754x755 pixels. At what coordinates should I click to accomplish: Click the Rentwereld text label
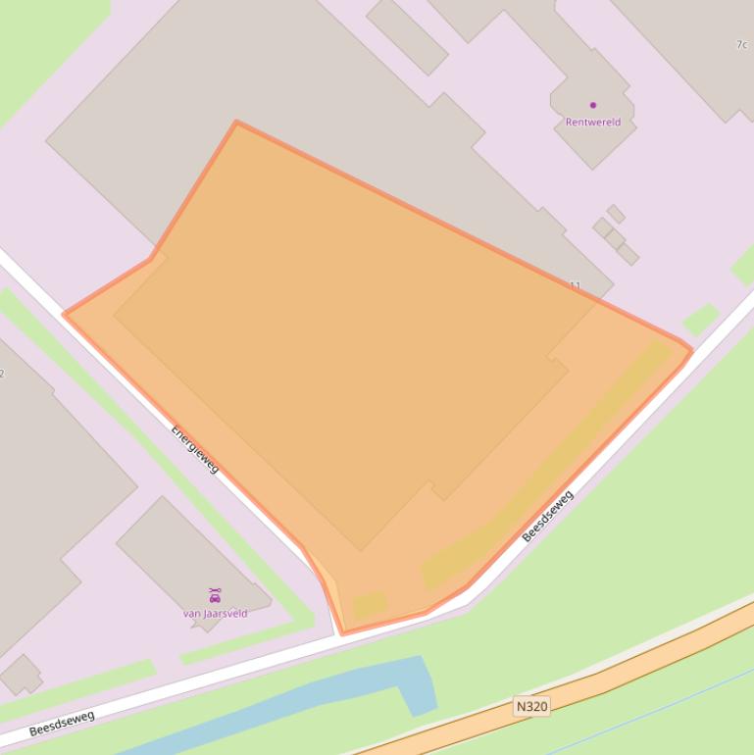click(592, 123)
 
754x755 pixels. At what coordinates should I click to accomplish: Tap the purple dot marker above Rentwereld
click(592, 105)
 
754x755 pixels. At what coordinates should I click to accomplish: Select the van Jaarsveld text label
click(215, 613)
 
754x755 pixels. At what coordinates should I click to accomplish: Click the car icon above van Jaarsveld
click(215, 595)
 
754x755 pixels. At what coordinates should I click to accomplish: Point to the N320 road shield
click(530, 706)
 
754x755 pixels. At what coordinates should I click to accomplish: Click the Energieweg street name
click(195, 448)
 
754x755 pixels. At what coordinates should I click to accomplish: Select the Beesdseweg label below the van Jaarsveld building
click(62, 724)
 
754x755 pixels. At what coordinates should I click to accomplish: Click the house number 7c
click(741, 44)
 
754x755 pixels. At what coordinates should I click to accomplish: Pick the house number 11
click(575, 285)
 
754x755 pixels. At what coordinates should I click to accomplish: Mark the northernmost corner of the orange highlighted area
click(236, 122)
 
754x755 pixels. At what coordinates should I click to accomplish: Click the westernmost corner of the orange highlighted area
click(64, 315)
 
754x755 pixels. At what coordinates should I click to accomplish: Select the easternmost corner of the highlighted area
click(692, 350)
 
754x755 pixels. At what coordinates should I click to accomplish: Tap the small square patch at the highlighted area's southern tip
click(370, 604)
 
